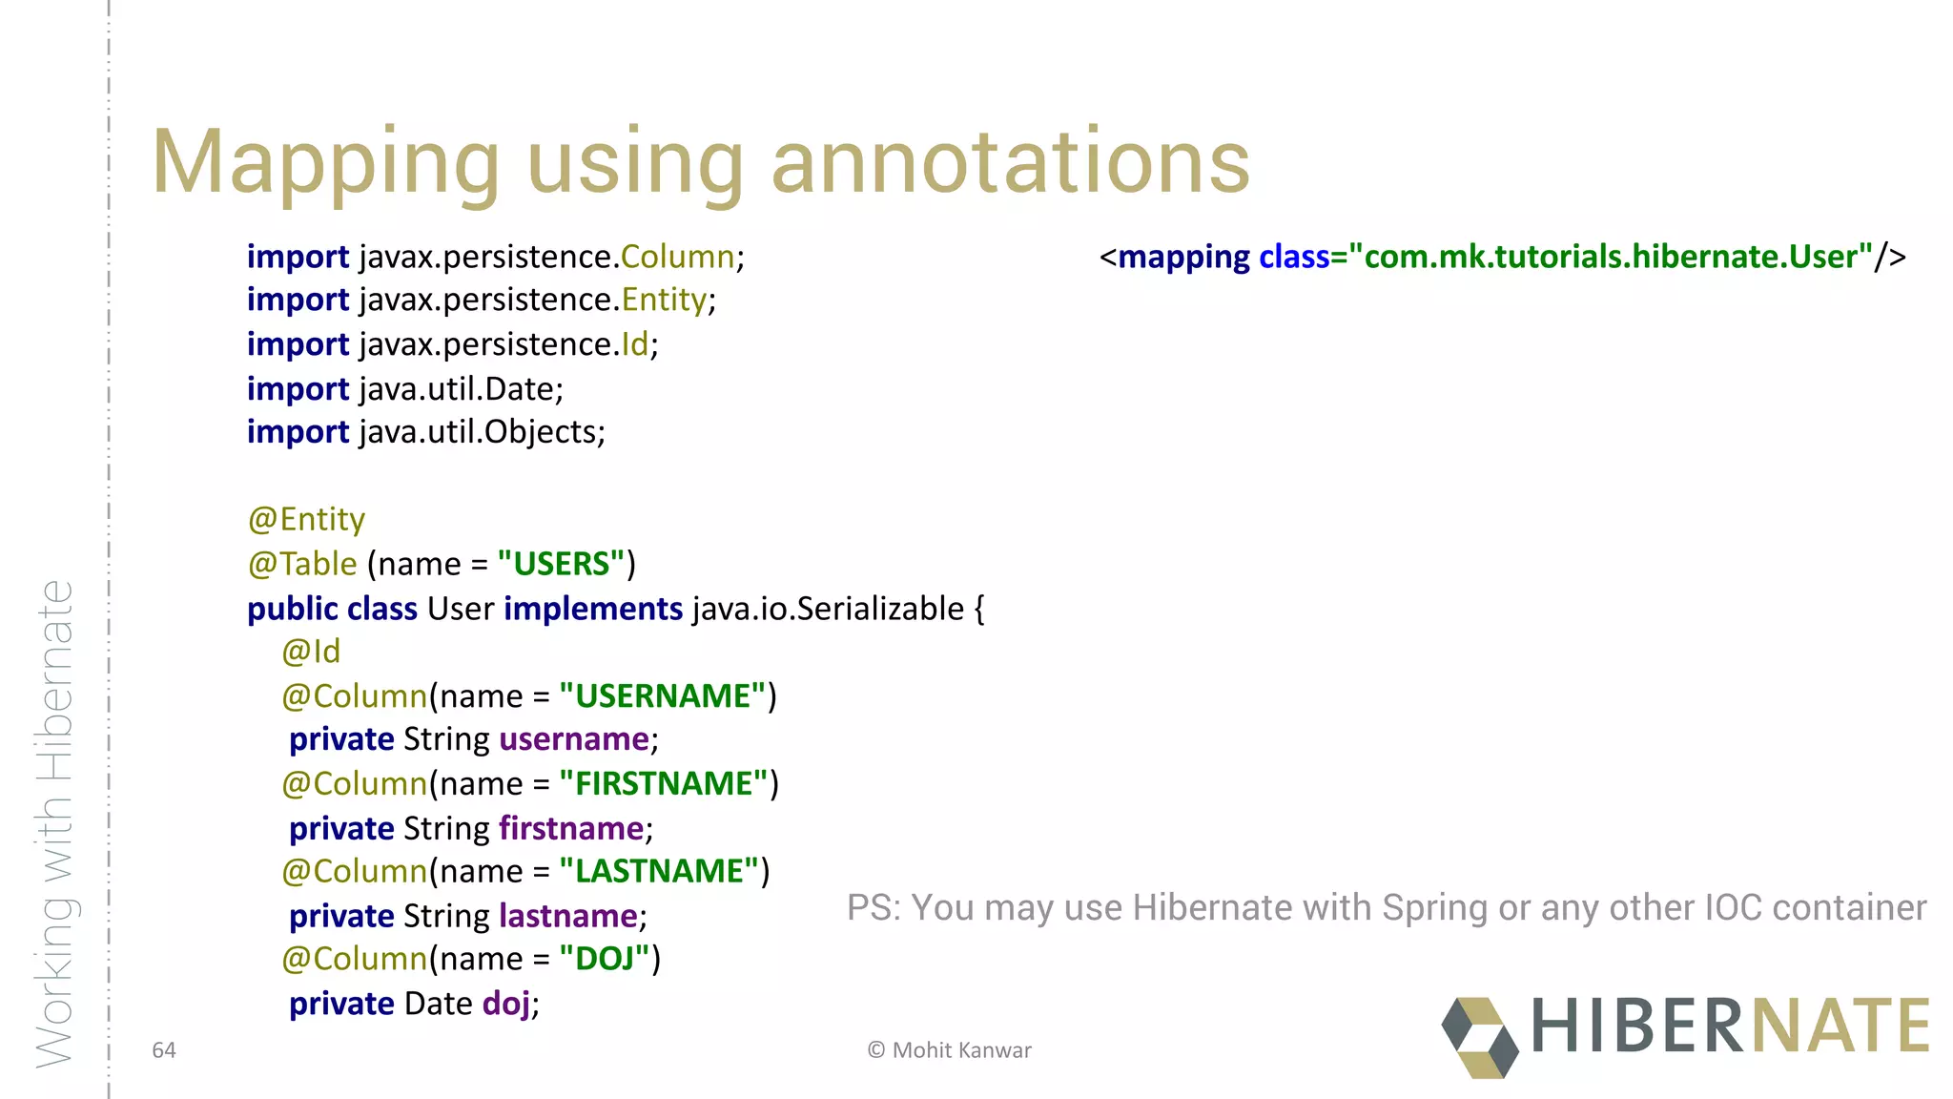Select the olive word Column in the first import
point(677,257)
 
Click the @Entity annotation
point(306,520)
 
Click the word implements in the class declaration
point(592,609)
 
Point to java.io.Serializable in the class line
point(828,609)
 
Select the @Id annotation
point(311,652)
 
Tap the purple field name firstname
point(571,828)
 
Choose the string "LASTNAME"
point(659,872)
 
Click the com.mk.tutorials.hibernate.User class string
point(1611,257)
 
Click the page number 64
point(164,1050)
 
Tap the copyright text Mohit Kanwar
point(961,1050)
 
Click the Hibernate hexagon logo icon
point(1479,1037)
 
